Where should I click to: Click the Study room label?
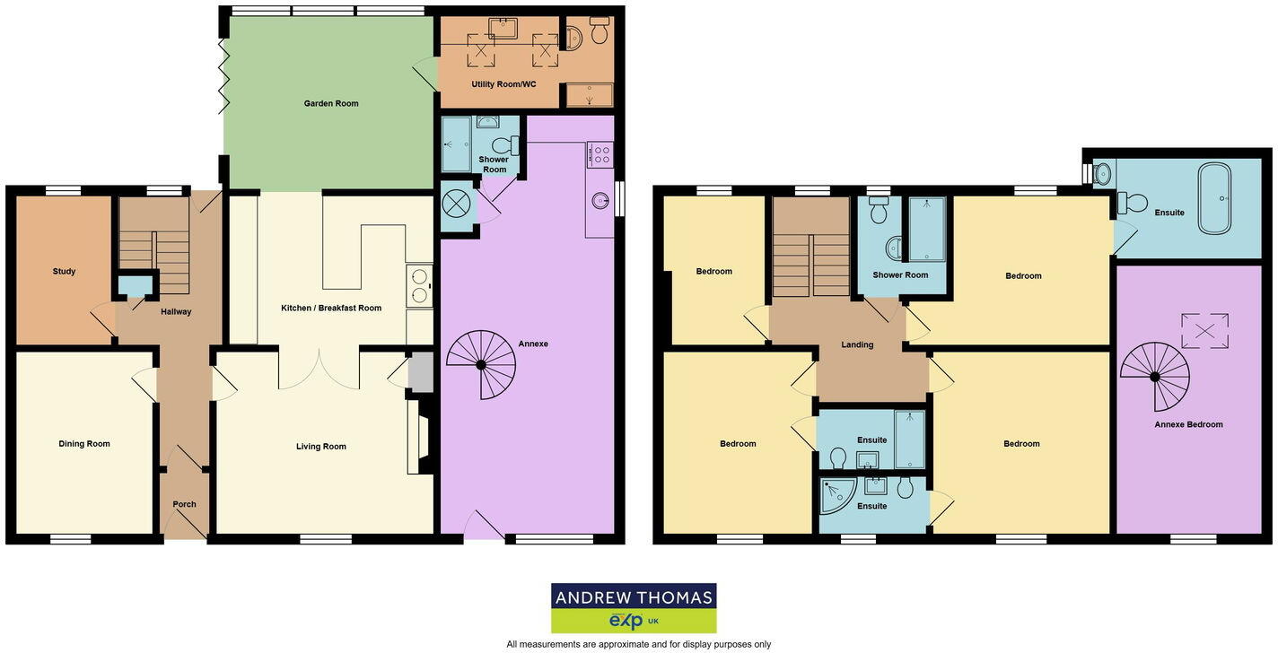pos(64,271)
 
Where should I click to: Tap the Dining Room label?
pos(84,443)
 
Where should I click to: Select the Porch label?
pos(184,504)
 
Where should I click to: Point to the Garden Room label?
pos(331,103)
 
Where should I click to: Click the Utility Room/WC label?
pos(503,84)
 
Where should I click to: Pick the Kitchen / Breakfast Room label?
pos(331,308)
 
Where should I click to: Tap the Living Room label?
pos(321,446)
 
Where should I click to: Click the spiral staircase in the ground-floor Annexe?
pos(481,364)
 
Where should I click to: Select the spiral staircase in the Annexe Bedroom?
pos(1154,373)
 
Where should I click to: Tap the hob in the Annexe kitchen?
pos(600,154)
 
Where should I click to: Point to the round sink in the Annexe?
pos(600,201)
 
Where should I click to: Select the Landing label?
pos(857,344)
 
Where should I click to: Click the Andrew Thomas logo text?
pos(634,597)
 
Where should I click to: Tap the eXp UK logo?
pos(634,621)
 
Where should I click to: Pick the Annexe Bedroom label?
pos(1188,424)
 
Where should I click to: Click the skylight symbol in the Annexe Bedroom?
pos(1204,330)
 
